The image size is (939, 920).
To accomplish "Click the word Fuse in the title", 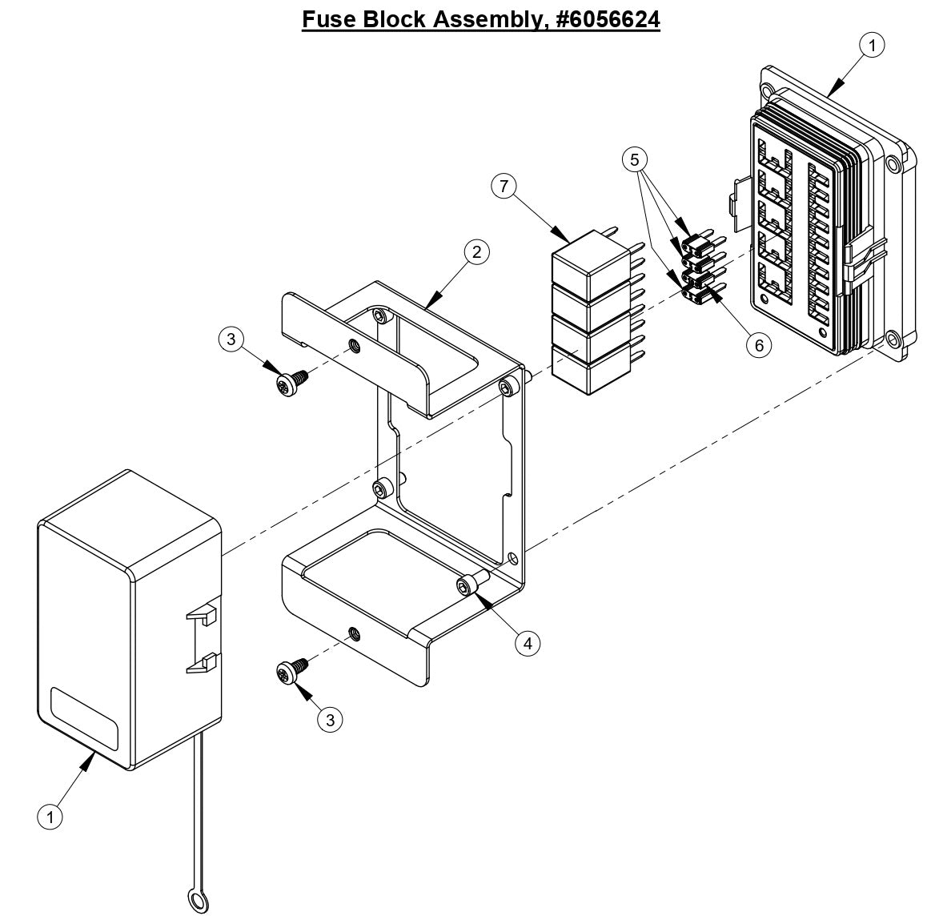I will pos(329,18).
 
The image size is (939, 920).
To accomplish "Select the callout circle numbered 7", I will pos(504,187).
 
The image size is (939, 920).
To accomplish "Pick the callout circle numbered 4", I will pos(528,642).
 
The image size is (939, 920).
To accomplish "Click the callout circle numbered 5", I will pos(635,159).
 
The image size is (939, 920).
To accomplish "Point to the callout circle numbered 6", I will pos(758,344).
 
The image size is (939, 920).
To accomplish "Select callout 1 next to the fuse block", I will pos(871,46).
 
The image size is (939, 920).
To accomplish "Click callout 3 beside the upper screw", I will pos(231,339).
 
